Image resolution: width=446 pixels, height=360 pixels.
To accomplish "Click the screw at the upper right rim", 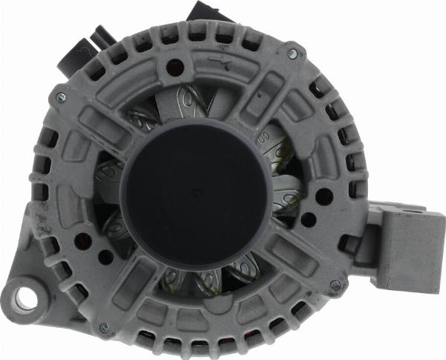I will (292, 54).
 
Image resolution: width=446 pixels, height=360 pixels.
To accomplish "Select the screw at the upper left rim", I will (60, 97).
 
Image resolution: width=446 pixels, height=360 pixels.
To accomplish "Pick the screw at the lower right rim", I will (334, 284).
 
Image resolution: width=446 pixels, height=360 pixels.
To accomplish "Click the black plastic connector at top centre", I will (206, 13).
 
